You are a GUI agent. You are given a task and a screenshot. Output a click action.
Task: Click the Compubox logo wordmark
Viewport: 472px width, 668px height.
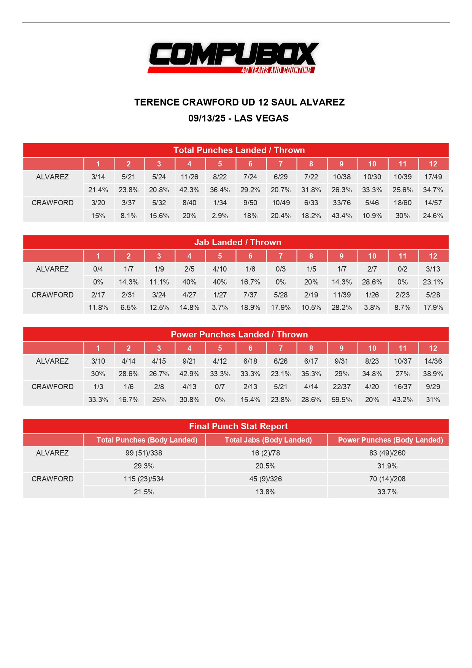234,54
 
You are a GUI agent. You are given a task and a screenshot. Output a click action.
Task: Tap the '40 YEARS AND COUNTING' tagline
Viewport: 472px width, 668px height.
276,70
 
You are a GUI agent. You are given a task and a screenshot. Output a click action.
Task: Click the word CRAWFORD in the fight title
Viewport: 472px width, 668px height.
210,102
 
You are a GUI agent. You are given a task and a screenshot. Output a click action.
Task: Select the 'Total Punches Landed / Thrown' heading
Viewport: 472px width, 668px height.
239,150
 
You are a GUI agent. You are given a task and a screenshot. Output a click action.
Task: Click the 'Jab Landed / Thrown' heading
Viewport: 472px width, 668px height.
238,242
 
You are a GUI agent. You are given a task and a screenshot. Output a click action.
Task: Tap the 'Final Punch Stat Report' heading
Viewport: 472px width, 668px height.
238,426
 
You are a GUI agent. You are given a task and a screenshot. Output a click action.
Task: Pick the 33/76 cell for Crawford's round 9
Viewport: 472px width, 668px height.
342,203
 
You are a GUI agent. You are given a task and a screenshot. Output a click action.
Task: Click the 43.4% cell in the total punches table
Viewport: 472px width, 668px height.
342,216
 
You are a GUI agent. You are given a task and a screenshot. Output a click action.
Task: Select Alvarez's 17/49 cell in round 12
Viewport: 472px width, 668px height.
433,177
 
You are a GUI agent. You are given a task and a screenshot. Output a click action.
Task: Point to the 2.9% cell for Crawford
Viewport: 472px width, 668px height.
220,216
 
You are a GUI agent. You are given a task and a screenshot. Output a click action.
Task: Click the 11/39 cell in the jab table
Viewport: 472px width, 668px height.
342,295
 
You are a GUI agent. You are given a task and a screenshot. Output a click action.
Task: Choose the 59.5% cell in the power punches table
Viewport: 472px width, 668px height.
342,400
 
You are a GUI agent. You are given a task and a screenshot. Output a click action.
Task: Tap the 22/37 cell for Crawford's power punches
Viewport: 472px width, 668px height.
342,387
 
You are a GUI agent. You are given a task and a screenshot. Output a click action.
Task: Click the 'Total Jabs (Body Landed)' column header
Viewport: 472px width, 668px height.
268,440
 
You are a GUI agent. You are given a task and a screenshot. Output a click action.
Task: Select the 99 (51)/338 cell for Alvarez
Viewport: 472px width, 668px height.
144,453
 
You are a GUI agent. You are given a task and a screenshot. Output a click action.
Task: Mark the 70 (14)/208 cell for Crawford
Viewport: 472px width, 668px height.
387,479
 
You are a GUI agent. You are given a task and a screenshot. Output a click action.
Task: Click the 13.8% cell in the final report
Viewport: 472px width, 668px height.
265,492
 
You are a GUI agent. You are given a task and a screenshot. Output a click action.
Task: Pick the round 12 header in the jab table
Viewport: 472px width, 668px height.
433,256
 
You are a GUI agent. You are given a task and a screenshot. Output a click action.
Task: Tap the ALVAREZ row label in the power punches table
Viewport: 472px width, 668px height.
52,361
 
